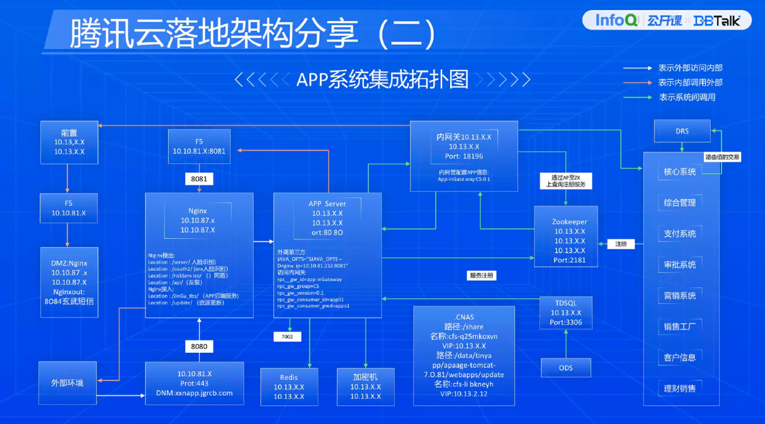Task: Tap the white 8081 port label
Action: pos(199,179)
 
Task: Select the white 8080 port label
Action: pos(199,346)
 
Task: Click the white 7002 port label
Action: pos(287,337)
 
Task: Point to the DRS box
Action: pos(682,131)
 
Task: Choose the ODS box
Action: pos(566,367)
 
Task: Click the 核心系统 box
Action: pos(680,171)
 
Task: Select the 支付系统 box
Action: pos(680,233)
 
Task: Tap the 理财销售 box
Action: pos(680,388)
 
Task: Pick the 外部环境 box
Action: pos(67,382)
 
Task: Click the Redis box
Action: pos(289,386)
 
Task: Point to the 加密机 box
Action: pos(366,386)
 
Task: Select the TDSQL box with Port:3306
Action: pos(566,312)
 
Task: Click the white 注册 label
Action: pos(621,244)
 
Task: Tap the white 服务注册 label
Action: pos(482,275)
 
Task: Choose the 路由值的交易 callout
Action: pos(722,157)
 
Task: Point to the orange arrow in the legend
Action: pos(637,83)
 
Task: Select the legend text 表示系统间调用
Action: pos(687,97)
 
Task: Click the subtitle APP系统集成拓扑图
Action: pos(383,79)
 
